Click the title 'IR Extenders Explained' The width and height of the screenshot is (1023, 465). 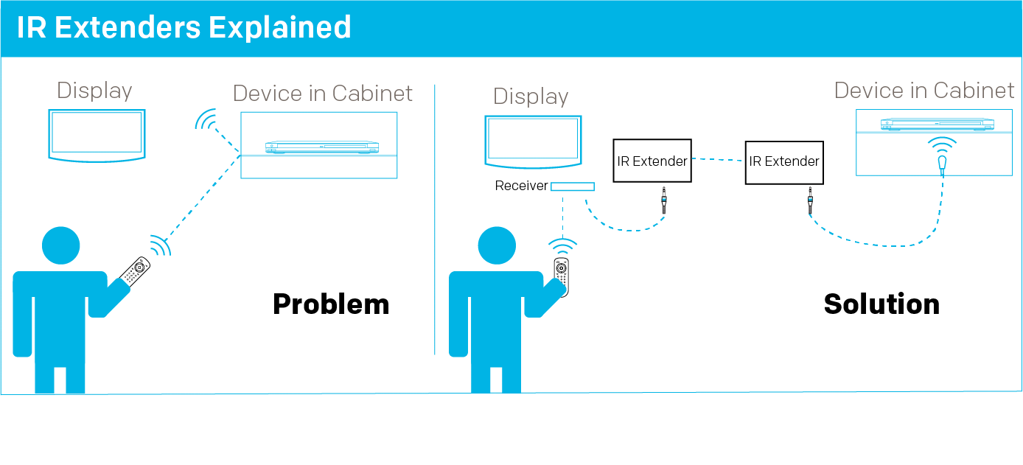coord(184,28)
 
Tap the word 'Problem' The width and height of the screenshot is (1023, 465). coord(331,304)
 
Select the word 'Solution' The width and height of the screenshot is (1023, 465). coord(881,304)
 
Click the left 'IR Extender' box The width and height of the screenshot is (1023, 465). coord(652,161)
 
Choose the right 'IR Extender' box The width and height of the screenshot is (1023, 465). coord(784,161)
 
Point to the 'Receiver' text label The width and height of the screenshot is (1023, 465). coord(521,186)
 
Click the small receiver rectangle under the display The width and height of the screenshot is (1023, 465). coord(573,186)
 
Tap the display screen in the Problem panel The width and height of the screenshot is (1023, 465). coord(97,133)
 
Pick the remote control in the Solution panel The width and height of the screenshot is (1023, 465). coord(562,275)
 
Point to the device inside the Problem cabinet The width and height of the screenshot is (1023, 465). coord(322,147)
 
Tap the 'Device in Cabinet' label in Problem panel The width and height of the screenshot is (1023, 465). coord(323,94)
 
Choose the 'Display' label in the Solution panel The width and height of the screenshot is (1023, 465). coord(531,97)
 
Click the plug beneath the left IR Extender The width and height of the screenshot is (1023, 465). coord(664,200)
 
